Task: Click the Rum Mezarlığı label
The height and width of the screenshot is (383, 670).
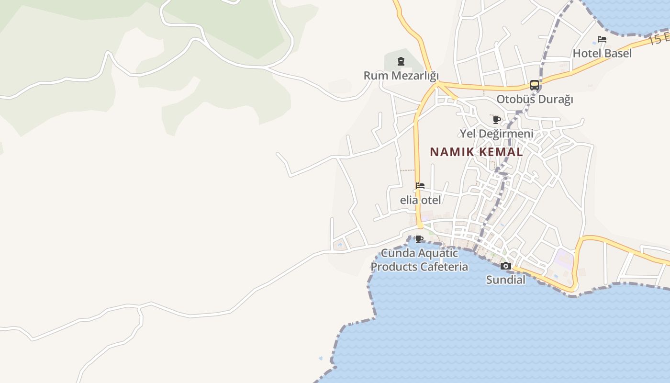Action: click(401, 76)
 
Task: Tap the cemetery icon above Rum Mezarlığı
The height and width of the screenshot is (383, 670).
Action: click(401, 61)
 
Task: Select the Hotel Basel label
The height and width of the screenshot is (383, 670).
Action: click(602, 53)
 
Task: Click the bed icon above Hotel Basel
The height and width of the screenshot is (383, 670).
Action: click(602, 39)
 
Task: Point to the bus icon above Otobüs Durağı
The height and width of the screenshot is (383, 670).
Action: click(535, 85)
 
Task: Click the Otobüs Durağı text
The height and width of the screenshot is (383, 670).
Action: click(535, 100)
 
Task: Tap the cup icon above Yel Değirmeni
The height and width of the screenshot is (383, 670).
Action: click(497, 120)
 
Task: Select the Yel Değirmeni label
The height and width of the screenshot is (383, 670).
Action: click(497, 134)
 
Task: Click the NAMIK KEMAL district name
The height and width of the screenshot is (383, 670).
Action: click(476, 152)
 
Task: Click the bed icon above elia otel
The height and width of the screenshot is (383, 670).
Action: click(420, 186)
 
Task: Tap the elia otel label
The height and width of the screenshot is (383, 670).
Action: click(420, 200)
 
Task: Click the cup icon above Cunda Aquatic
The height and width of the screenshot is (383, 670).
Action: click(419, 239)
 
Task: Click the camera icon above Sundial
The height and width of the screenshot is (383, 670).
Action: click(506, 266)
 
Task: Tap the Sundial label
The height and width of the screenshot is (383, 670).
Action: click(506, 280)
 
